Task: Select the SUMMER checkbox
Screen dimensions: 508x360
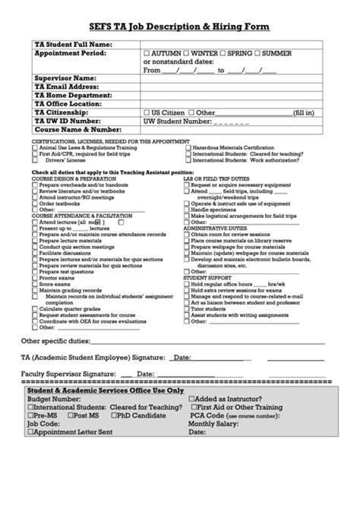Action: (257, 54)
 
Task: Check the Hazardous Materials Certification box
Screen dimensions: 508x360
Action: (188, 148)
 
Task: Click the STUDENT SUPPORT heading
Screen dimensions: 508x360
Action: (207, 278)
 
